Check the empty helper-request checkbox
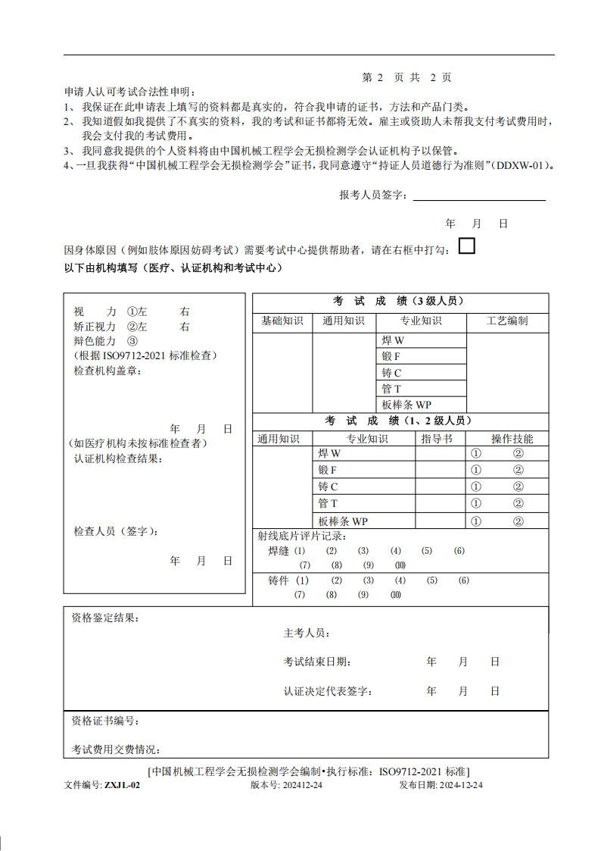(467, 246)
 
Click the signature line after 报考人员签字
(478, 196)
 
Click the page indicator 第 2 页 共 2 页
(406, 77)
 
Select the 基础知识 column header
(282, 321)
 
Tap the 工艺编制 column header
(507, 321)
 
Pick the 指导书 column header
(437, 439)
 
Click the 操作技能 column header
(512, 439)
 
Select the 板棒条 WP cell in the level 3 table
(406, 405)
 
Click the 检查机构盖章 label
(107, 371)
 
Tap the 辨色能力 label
(95, 341)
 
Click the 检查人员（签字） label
(116, 531)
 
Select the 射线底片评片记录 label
(302, 537)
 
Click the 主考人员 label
(307, 634)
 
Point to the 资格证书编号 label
(105, 721)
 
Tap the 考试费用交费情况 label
(116, 749)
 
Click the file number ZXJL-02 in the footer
(122, 785)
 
